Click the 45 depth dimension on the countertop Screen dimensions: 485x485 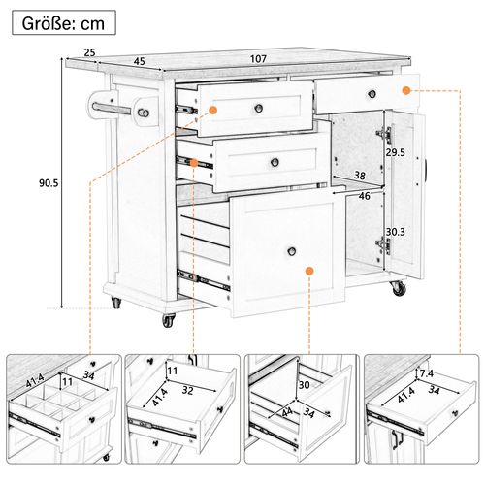(x=139, y=61)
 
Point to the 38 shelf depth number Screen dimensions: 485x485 (x=359, y=177)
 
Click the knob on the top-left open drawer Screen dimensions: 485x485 (x=260, y=107)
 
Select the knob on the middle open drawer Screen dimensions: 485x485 (x=275, y=161)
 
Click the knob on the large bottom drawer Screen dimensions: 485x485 (x=289, y=250)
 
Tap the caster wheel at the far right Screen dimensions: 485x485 (x=398, y=287)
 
